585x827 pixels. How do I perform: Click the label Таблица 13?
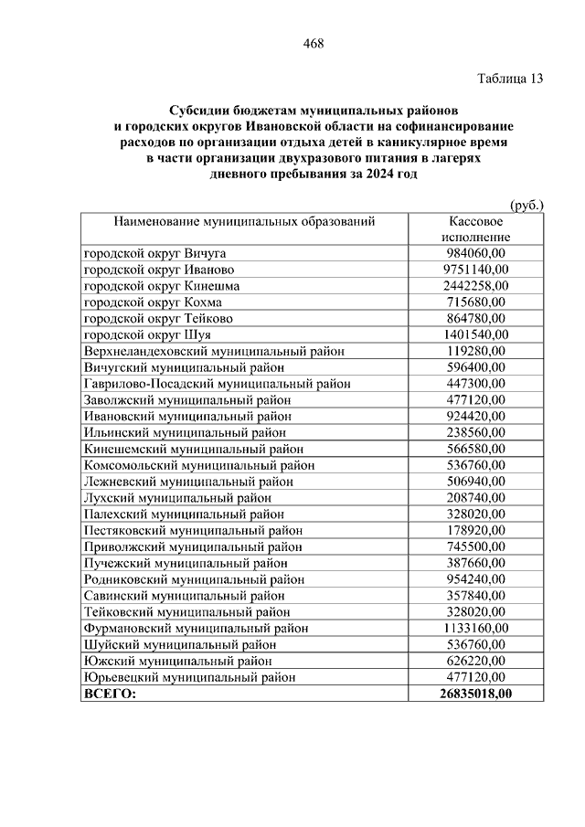coord(510,79)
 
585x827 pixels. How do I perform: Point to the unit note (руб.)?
coord(526,206)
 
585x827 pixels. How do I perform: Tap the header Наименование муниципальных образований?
coord(244,221)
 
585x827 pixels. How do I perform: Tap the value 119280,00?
coord(476,351)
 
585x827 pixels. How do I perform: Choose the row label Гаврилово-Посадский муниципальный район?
coord(217,384)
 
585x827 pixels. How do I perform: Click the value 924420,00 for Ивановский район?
coord(476,416)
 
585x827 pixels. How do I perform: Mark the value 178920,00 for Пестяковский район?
coord(476,530)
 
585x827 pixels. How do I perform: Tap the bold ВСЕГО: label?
coord(109,694)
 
